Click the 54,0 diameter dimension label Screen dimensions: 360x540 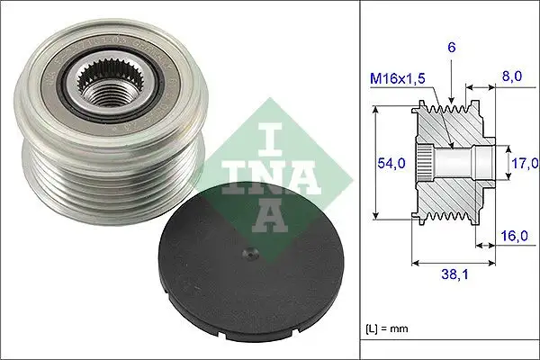390,162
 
